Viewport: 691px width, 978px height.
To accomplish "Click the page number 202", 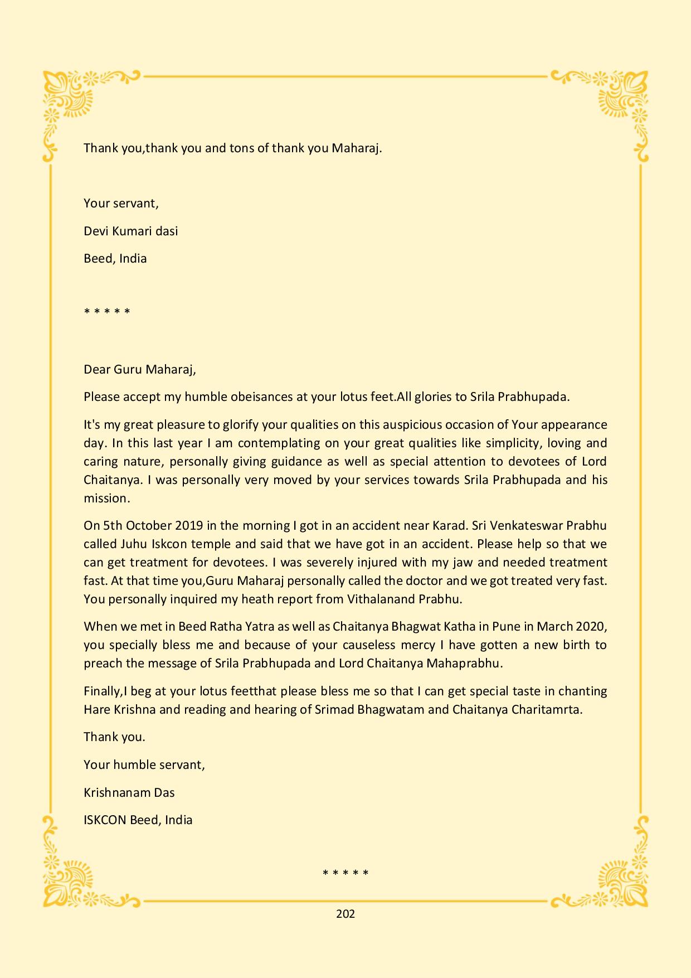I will pyautogui.click(x=345, y=913).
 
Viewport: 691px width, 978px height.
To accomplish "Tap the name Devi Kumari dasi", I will pyautogui.click(x=130, y=231).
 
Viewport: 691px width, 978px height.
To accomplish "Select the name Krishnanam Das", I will pyautogui.click(x=129, y=792).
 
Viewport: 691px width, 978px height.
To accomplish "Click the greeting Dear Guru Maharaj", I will pyautogui.click(x=139, y=369).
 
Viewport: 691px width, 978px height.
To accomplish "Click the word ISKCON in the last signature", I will pyautogui.click(x=104, y=820).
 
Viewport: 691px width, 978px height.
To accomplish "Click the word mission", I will pyautogui.click(x=106, y=498).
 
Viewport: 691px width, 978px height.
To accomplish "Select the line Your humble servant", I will pyautogui.click(x=144, y=765).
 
